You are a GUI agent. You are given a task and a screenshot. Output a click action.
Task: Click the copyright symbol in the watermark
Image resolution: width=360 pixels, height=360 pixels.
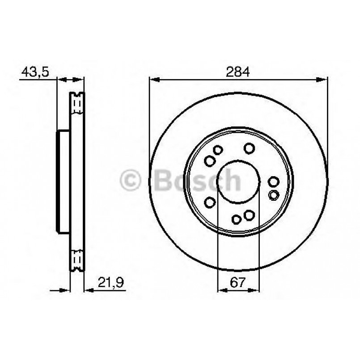(x=131, y=181)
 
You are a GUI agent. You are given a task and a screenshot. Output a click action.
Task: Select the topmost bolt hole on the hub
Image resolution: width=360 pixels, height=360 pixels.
(x=249, y=148)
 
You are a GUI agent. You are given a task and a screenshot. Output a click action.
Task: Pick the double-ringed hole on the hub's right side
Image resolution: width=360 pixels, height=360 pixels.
(x=274, y=195)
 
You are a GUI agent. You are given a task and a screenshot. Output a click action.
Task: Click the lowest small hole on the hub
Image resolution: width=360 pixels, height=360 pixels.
(x=237, y=219)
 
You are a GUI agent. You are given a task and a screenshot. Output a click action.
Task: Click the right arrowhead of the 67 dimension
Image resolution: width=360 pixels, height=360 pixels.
(x=256, y=290)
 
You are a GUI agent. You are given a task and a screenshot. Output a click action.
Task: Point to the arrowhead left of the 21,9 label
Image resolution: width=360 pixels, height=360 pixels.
(x=89, y=290)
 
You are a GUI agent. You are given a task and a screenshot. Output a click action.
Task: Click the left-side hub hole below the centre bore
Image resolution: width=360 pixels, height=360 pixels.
(x=209, y=203)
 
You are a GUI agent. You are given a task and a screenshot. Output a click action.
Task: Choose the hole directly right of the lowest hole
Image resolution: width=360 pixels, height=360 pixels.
(x=249, y=215)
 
